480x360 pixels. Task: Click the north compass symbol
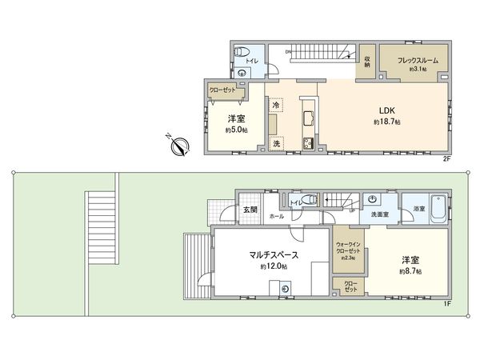click(179, 146)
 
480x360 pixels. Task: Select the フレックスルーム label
click(411, 58)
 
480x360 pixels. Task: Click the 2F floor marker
click(447, 159)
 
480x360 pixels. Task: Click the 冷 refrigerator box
click(276, 106)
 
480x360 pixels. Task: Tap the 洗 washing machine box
click(276, 144)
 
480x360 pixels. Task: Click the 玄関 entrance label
click(250, 210)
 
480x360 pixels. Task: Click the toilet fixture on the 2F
click(238, 53)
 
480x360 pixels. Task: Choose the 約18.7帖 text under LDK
click(387, 122)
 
